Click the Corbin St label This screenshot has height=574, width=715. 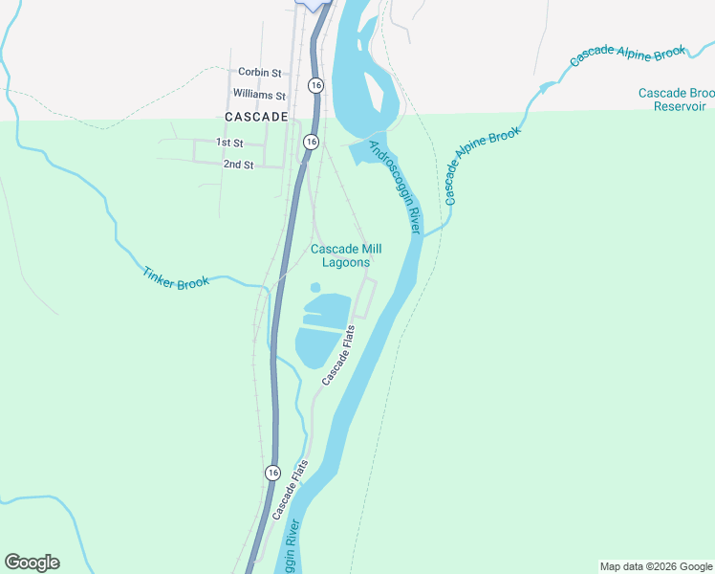point(260,72)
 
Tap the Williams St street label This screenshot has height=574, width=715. point(259,95)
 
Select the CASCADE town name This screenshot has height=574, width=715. point(256,117)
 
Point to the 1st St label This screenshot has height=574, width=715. point(229,143)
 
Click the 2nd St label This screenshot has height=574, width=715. point(238,165)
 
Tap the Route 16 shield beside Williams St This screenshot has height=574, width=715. point(314,85)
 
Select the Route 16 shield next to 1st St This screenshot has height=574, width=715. point(310,142)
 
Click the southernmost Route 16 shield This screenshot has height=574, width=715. point(272,473)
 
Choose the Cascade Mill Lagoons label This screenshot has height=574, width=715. point(339,255)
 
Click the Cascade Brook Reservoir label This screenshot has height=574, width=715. point(676,99)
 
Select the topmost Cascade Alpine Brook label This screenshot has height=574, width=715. point(628,53)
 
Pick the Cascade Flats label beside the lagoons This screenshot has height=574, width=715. point(338,355)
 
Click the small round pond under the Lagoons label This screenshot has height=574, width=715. point(314,287)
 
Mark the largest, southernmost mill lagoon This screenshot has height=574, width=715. point(316,347)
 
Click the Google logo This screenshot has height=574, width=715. point(32,563)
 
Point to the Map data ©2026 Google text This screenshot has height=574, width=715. point(655,566)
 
